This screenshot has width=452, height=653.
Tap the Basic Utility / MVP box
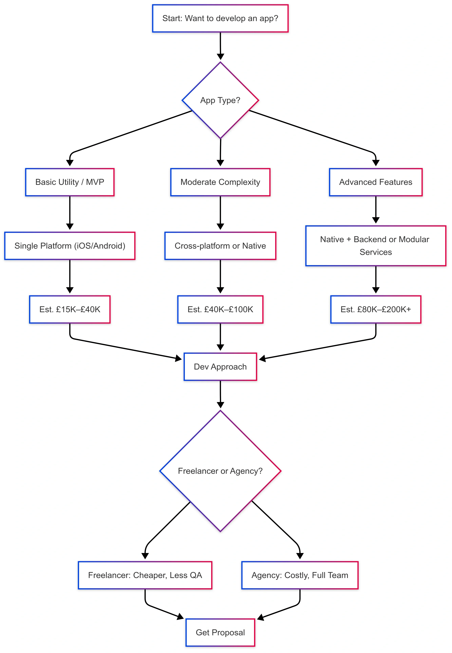click(70, 182)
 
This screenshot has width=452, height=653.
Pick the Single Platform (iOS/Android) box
click(70, 246)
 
